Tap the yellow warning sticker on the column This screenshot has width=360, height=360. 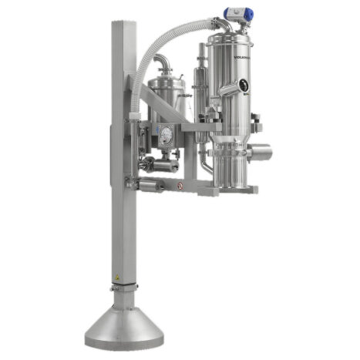[x=116, y=275]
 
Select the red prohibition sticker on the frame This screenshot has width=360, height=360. [x=180, y=186]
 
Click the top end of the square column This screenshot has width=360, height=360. [x=123, y=24]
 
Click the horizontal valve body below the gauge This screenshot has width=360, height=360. [x=162, y=163]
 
